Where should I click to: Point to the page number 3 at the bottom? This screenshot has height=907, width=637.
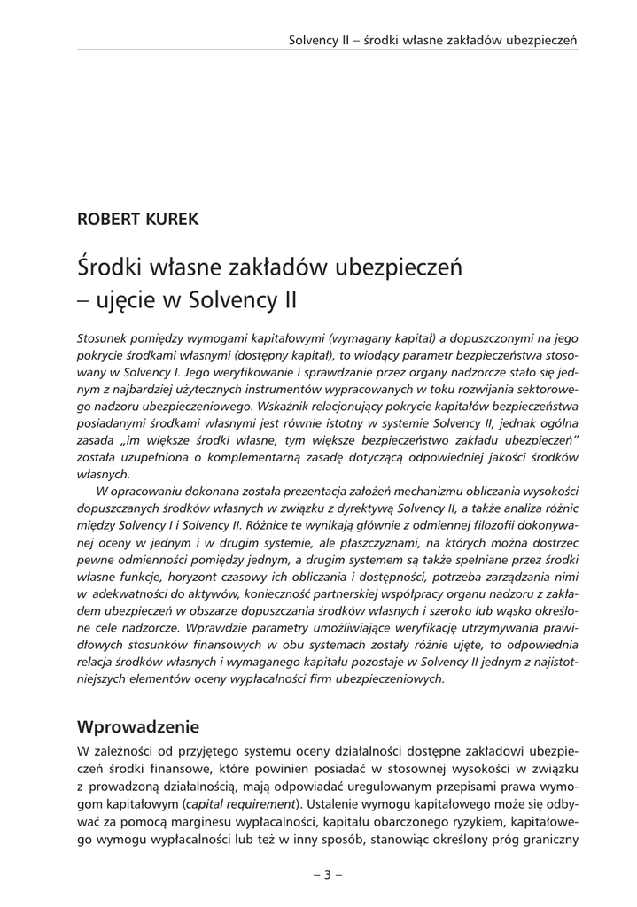326,875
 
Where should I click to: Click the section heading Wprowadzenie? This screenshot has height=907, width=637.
138,727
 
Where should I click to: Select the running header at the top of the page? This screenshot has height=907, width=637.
433,40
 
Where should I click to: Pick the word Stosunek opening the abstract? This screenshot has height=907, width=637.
103,339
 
